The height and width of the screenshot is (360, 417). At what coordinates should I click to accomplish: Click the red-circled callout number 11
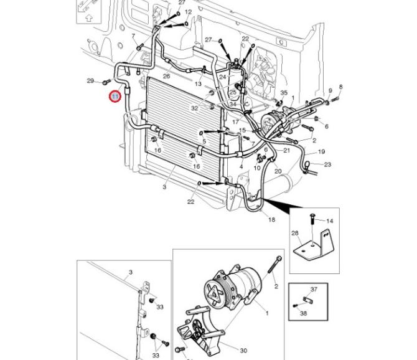pyautogui.click(x=115, y=97)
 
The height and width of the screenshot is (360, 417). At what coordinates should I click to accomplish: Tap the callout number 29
pyautogui.click(x=90, y=81)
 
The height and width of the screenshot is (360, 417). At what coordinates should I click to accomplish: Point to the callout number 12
pyautogui.click(x=189, y=12)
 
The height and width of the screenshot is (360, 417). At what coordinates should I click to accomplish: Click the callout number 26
pyautogui.click(x=166, y=76)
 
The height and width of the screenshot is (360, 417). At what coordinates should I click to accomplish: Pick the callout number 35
pyautogui.click(x=284, y=93)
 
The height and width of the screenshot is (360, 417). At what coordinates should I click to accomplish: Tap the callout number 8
pyautogui.click(x=340, y=87)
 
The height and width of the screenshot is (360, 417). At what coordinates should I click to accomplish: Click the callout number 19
pyautogui.click(x=321, y=151)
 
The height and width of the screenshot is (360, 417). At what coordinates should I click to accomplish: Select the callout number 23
pyautogui.click(x=327, y=165)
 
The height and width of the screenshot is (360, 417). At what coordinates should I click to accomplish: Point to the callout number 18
pyautogui.click(x=271, y=219)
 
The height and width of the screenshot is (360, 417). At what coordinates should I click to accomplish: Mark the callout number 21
pyautogui.click(x=287, y=150)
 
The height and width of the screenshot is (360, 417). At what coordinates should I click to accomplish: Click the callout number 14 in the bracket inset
pyautogui.click(x=330, y=221)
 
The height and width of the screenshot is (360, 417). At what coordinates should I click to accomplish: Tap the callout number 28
pyautogui.click(x=295, y=233)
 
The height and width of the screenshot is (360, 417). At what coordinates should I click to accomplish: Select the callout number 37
pyautogui.click(x=314, y=290)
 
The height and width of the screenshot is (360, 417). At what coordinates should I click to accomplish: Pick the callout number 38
pyautogui.click(x=304, y=313)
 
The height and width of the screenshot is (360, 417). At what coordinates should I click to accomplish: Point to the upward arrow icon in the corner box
pyautogui.click(x=88, y=19)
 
